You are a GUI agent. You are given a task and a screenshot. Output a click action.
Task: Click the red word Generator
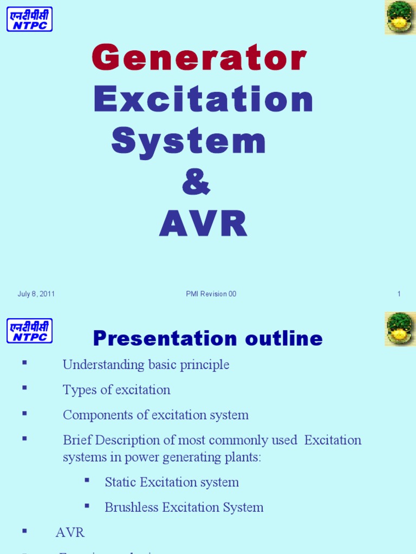(x=199, y=59)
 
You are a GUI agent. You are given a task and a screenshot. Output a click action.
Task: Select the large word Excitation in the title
(x=203, y=100)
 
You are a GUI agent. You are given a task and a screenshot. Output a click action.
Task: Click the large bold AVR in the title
(x=203, y=224)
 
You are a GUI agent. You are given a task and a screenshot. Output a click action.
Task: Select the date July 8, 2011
(x=36, y=294)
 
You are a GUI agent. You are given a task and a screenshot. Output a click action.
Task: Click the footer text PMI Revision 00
(x=211, y=294)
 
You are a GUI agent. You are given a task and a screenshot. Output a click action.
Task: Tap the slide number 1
(x=399, y=294)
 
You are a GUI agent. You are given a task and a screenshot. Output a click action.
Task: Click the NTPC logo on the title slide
(x=29, y=19)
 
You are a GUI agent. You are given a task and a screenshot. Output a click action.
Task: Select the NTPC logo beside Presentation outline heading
(x=29, y=330)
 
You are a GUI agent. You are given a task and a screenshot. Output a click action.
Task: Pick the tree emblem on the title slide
(x=400, y=17)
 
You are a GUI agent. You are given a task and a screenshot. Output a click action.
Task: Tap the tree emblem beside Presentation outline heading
(x=400, y=328)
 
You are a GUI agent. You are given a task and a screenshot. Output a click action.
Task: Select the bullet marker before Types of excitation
(x=24, y=388)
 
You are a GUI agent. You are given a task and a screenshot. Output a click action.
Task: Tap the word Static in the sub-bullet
(x=120, y=482)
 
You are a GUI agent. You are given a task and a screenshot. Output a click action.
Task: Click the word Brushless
(x=130, y=507)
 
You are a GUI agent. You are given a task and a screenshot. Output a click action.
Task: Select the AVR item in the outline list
(x=70, y=532)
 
